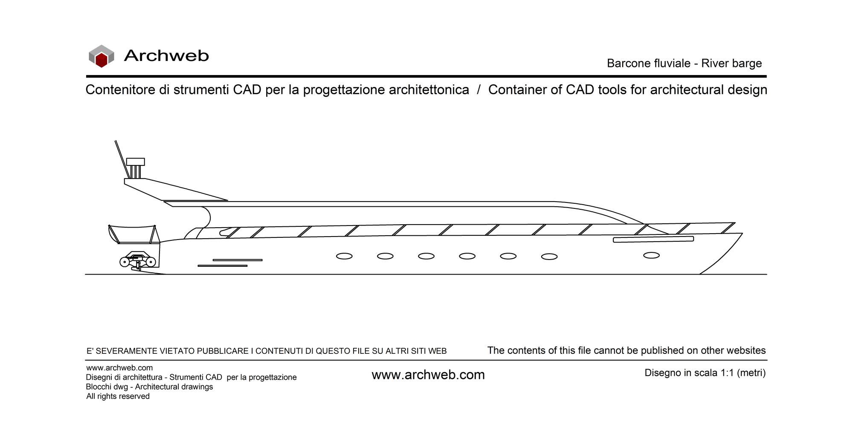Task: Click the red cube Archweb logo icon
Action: pos(101,56)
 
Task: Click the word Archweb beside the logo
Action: pos(166,56)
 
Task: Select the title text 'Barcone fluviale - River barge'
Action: pos(684,64)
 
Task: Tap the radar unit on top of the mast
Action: pos(136,162)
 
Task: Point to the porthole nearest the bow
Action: pos(651,255)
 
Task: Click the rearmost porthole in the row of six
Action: pos(344,256)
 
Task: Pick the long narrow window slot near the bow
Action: pos(653,240)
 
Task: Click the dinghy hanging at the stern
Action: pos(133,235)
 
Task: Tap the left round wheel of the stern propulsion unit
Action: pos(124,262)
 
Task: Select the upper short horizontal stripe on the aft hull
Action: pos(238,260)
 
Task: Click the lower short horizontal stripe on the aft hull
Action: pos(223,266)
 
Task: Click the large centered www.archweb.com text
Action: pos(428,375)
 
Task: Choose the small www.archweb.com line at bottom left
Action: pos(119,368)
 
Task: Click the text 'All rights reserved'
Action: pos(118,396)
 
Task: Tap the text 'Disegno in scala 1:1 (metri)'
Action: pos(705,373)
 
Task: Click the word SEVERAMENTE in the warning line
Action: pos(126,351)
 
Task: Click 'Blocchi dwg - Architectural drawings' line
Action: pos(149,387)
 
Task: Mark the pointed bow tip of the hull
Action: pos(743,233)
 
